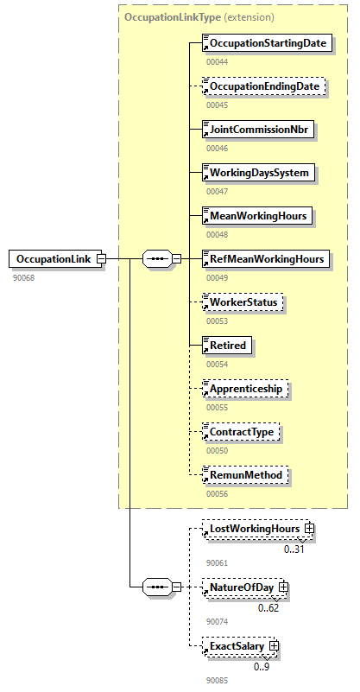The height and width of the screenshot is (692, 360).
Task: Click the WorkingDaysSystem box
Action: pos(257,172)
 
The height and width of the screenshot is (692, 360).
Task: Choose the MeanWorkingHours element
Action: pos(256,215)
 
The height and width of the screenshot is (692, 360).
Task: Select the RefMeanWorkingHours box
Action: pos(265,258)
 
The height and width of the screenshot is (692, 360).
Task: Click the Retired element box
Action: pos(227,345)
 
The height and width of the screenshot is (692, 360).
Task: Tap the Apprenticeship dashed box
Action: pos(245,388)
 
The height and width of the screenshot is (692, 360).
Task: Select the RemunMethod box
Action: pos(243,474)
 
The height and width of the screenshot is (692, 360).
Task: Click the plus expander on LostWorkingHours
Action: pos(308,529)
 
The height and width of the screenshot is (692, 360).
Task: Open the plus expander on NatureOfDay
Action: pos(283,587)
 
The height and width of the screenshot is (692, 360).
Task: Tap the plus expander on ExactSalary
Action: pos(274,645)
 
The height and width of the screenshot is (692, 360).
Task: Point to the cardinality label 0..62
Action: pos(268,607)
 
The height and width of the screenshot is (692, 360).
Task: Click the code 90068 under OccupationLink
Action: pos(24,278)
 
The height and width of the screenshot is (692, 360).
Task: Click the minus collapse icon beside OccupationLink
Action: pos(101,258)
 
